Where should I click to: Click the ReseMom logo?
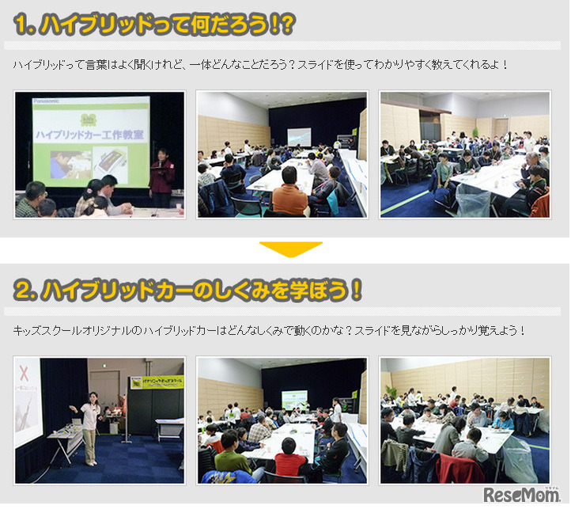522,495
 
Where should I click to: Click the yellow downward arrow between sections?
290,249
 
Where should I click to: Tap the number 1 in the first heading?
21,25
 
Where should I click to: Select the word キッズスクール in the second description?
49,330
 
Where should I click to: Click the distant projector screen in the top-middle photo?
298,135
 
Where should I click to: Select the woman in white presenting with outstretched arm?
89,427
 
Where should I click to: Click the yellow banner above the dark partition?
156,382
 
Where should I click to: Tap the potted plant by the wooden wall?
391,393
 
